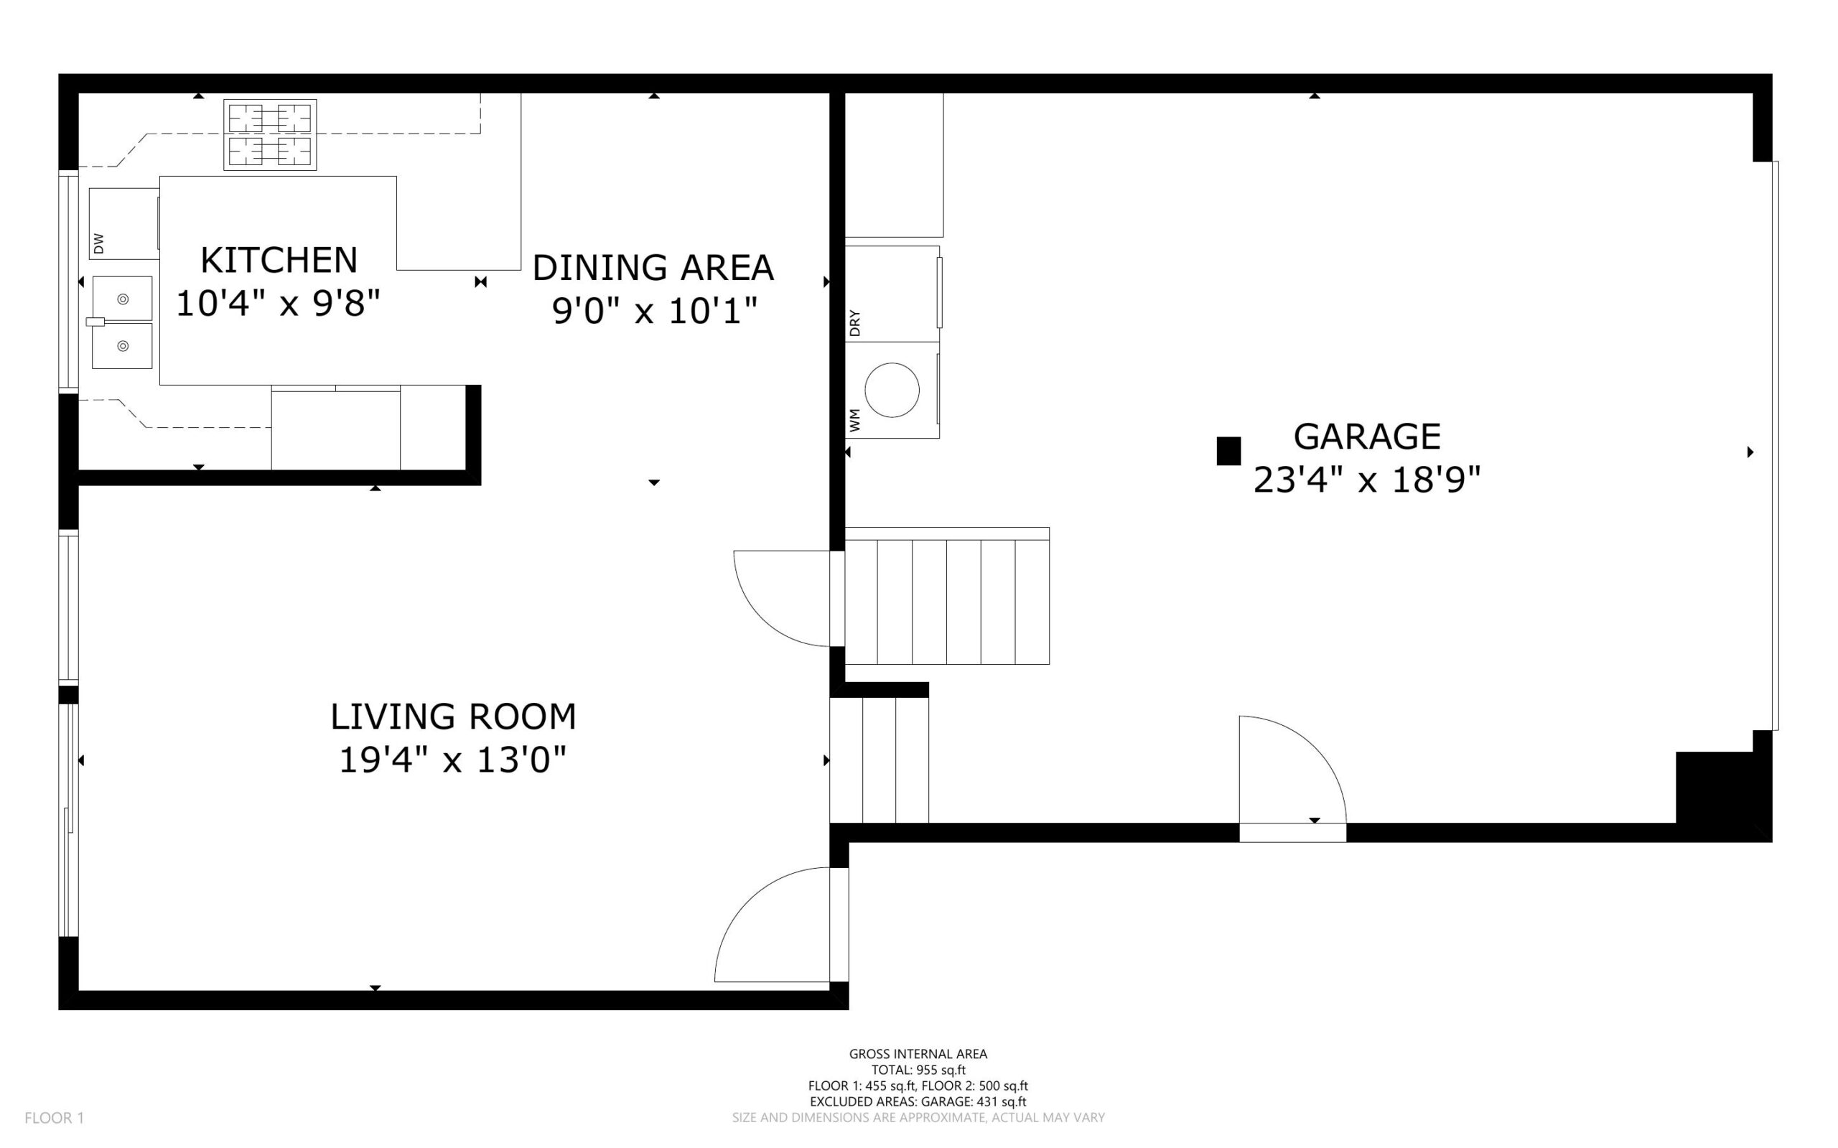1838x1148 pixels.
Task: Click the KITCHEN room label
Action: (x=279, y=261)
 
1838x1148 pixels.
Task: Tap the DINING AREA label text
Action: (x=653, y=268)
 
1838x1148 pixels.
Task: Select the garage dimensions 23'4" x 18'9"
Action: (x=1366, y=480)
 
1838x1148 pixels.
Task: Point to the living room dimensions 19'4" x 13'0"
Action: (x=452, y=760)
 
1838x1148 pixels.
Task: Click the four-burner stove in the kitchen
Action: (x=269, y=134)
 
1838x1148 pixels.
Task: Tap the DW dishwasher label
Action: (x=98, y=243)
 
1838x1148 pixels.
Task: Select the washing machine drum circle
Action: (x=891, y=390)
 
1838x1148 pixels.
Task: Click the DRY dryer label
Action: (x=855, y=322)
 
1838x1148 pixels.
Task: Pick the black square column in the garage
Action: (x=1228, y=450)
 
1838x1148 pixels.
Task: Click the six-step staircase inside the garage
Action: (x=947, y=597)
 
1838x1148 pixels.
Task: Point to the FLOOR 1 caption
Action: (x=54, y=1118)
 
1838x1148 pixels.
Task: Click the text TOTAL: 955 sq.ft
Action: (x=918, y=1070)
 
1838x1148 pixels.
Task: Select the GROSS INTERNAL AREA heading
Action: (x=918, y=1054)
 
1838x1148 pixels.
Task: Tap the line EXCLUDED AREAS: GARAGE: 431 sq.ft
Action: (x=918, y=1101)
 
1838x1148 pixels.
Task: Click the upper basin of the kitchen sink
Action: (x=122, y=299)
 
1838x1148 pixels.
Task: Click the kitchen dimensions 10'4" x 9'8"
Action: (x=278, y=304)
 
